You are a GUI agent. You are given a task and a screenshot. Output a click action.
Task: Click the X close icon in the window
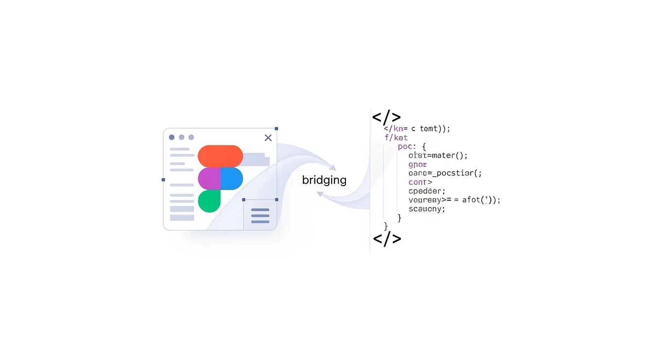tap(268, 138)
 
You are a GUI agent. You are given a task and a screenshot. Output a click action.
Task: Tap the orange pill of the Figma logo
tap(220, 156)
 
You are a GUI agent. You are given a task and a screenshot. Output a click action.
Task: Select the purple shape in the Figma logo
tap(209, 178)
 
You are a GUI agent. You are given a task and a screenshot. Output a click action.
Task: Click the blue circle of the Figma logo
tap(232, 178)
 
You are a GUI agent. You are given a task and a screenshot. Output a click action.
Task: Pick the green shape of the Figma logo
tap(209, 201)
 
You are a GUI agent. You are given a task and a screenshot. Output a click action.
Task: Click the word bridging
tap(324, 180)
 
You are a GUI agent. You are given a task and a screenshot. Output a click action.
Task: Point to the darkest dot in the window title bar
tap(172, 137)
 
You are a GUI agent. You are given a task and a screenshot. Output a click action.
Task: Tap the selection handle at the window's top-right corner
tap(277, 129)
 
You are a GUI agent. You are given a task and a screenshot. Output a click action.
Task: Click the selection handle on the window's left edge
tap(163, 180)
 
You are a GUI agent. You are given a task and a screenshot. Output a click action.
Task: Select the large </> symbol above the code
tap(386, 117)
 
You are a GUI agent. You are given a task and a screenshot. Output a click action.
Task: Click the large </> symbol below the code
tap(387, 239)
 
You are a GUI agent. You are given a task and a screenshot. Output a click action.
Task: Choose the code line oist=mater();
tap(438, 155)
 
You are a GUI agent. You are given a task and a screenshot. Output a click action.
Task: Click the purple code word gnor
tap(418, 164)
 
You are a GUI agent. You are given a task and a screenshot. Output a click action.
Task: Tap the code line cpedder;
tap(427, 191)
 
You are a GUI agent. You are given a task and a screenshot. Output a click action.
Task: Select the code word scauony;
tap(427, 209)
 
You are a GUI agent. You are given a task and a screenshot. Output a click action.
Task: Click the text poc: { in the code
tap(412, 146)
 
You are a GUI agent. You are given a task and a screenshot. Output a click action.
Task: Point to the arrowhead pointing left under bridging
tap(320, 194)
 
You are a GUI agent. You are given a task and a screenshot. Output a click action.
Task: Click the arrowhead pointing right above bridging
tap(332, 167)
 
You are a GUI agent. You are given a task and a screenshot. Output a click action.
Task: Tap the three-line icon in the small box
tap(260, 216)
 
